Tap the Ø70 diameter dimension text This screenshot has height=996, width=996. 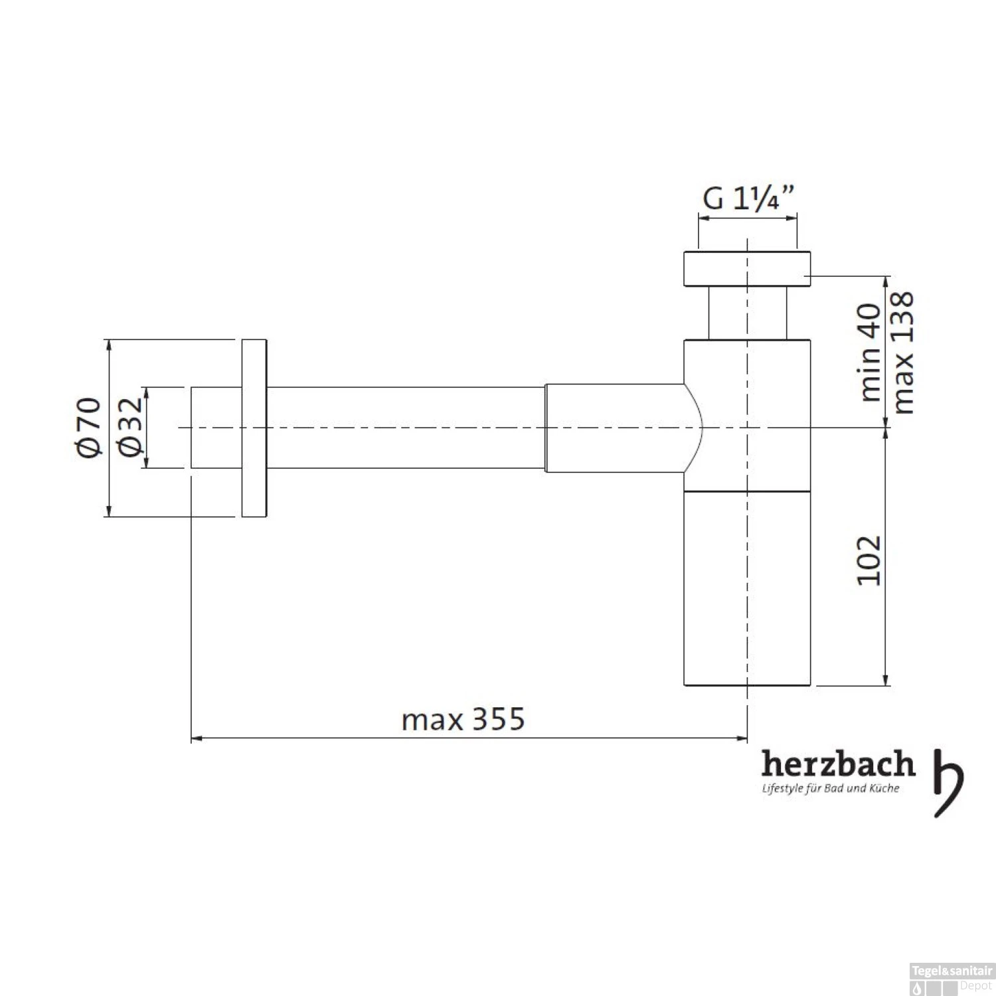tap(89, 427)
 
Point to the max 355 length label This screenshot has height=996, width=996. tap(463, 719)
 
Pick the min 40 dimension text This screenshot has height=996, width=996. tap(870, 352)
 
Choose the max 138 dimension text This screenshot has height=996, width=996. tap(903, 352)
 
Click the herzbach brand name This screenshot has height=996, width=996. tap(837, 764)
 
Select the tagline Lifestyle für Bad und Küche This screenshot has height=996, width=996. tap(830, 789)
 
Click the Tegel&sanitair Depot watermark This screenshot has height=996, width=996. tap(952, 979)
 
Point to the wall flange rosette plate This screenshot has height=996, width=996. tap(254, 428)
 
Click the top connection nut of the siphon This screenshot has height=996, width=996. tap(747, 269)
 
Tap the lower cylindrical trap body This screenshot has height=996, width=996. tap(747, 588)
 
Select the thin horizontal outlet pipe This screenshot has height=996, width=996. tap(405, 428)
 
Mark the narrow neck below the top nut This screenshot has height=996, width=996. tap(747, 313)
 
